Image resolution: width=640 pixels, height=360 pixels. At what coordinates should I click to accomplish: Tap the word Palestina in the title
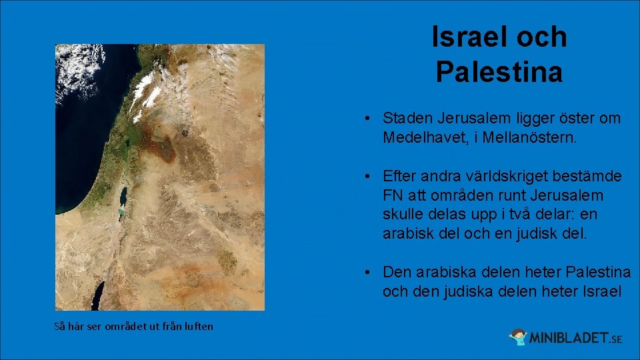(x=499, y=73)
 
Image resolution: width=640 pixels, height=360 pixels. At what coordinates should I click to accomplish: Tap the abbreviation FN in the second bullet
(x=393, y=196)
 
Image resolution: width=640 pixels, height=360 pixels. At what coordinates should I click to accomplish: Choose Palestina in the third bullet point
(x=598, y=273)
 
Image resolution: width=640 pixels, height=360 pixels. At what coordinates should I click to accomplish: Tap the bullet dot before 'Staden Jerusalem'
(x=368, y=119)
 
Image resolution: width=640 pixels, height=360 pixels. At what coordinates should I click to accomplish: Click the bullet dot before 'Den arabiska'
(x=368, y=273)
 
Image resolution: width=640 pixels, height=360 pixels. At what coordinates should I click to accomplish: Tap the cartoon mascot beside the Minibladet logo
(x=519, y=337)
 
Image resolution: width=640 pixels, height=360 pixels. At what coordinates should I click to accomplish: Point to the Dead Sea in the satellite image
(x=123, y=198)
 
